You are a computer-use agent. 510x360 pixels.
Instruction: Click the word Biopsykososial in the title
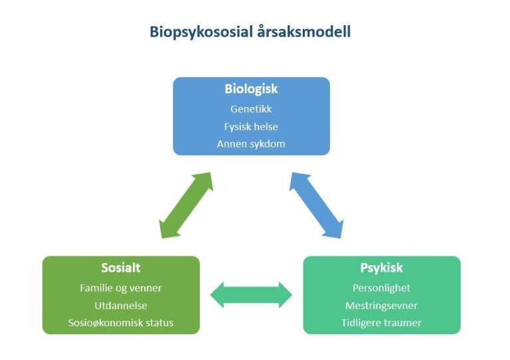pyautogui.click(x=201, y=32)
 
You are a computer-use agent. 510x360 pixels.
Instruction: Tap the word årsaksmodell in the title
pyautogui.click(x=303, y=31)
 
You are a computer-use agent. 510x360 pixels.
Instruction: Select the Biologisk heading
pyautogui.click(x=251, y=89)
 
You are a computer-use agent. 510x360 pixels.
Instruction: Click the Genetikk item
pyautogui.click(x=251, y=109)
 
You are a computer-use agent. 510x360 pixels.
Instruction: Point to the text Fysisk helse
pyautogui.click(x=251, y=126)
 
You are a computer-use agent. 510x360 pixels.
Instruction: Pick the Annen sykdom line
pyautogui.click(x=251, y=143)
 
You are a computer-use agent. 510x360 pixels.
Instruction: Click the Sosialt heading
pyautogui.click(x=121, y=268)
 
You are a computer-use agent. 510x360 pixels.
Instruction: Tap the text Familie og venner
pyautogui.click(x=121, y=288)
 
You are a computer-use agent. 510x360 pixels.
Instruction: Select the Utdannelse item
pyautogui.click(x=121, y=306)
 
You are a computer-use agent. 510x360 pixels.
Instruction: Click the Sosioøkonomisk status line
pyautogui.click(x=121, y=323)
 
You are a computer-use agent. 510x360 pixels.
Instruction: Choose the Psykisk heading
pyautogui.click(x=382, y=268)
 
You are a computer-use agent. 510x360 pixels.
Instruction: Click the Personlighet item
pyautogui.click(x=382, y=288)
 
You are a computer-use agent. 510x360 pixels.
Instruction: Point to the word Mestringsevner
pyautogui.click(x=382, y=306)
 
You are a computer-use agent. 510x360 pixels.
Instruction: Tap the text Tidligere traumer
pyautogui.click(x=382, y=323)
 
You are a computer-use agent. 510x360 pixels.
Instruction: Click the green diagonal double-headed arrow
pyautogui.click(x=186, y=205)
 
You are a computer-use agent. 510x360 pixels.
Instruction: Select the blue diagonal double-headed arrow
pyautogui.click(x=316, y=205)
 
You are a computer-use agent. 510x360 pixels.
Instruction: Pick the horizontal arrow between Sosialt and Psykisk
pyautogui.click(x=251, y=295)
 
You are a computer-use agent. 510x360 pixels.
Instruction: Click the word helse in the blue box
pyautogui.click(x=264, y=126)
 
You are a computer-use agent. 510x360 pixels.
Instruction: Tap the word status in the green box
pyautogui.click(x=159, y=323)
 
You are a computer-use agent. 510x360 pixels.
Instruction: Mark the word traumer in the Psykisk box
pyautogui.click(x=402, y=323)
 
